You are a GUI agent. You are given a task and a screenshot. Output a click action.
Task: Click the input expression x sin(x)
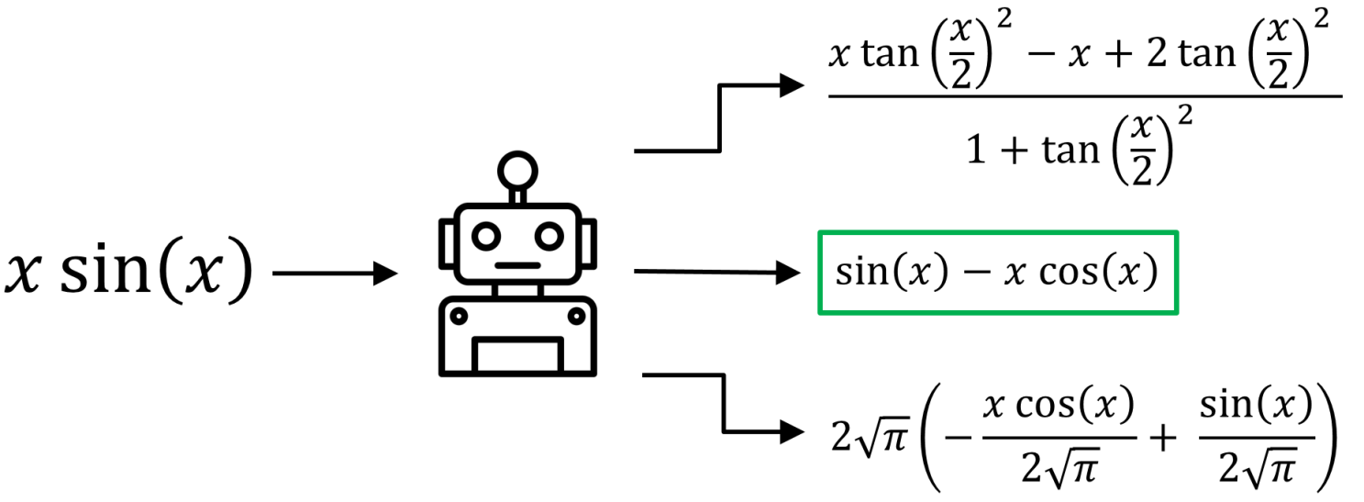[128, 273]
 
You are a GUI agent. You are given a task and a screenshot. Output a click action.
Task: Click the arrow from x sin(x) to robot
[335, 273]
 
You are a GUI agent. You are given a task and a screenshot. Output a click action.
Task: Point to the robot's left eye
[486, 236]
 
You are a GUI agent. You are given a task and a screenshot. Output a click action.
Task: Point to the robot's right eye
[549, 236]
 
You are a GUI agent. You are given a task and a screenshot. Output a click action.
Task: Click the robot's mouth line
[518, 265]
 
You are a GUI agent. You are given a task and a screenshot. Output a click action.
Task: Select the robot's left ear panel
[447, 240]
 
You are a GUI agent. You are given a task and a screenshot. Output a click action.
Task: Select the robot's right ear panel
[590, 240]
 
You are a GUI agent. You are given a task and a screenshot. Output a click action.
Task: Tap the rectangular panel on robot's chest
[518, 355]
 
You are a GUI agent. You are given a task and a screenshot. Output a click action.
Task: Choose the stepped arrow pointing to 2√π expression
[725, 404]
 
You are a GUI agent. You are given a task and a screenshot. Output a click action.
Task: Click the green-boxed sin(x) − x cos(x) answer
[998, 273]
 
